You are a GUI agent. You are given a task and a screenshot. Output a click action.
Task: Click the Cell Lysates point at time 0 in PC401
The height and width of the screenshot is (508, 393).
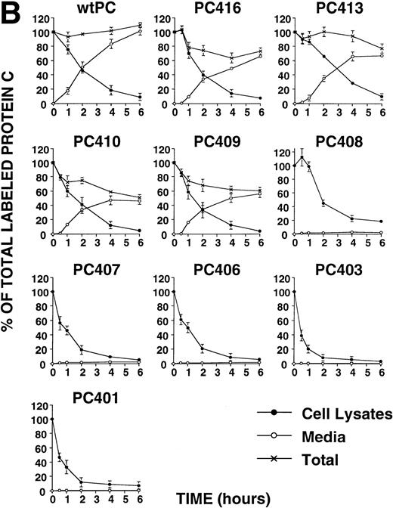pyautogui.click(x=53, y=419)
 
